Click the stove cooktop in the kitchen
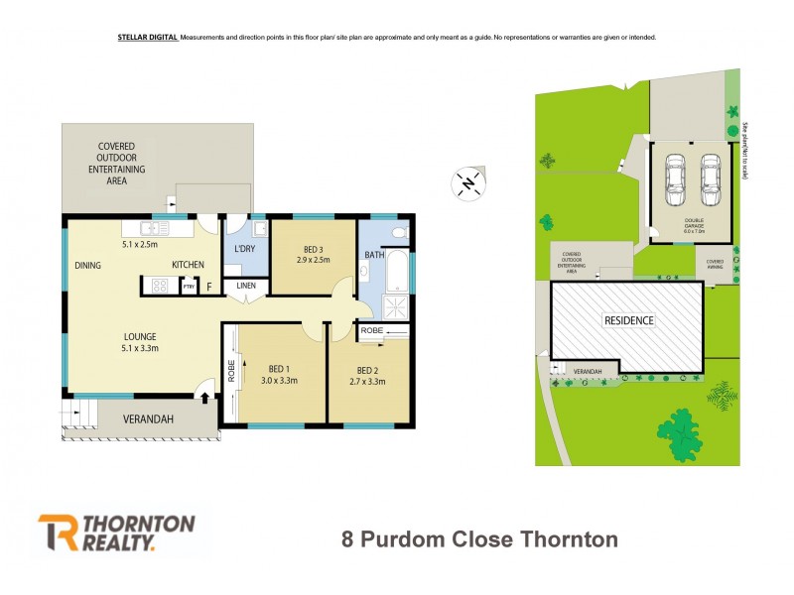coord(158,286)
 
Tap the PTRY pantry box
coord(189,287)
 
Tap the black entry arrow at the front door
coord(206,398)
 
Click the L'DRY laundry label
coord(245,247)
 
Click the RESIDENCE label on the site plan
coord(629,320)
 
